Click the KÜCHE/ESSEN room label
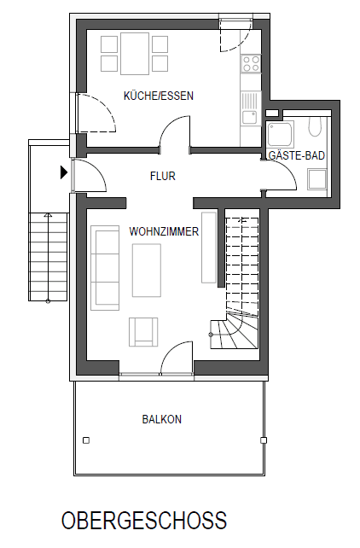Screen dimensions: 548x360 (x=158, y=96)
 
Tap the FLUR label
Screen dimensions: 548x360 (x=162, y=177)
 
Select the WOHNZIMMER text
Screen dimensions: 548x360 (x=164, y=231)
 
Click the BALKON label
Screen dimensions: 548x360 (x=161, y=419)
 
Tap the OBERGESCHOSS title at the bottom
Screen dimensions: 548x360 (x=143, y=521)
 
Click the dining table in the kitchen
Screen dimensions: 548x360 (x=134, y=53)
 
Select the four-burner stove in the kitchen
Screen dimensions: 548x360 (x=251, y=63)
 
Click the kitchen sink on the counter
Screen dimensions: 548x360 (x=249, y=118)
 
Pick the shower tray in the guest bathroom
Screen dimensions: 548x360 (x=281, y=134)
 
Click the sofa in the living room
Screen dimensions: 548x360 (x=106, y=266)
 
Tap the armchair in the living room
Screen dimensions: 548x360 (x=143, y=331)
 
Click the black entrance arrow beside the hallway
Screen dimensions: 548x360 (x=64, y=172)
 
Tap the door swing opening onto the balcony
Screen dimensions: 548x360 (x=177, y=357)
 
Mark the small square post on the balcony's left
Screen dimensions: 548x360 (x=86, y=440)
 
